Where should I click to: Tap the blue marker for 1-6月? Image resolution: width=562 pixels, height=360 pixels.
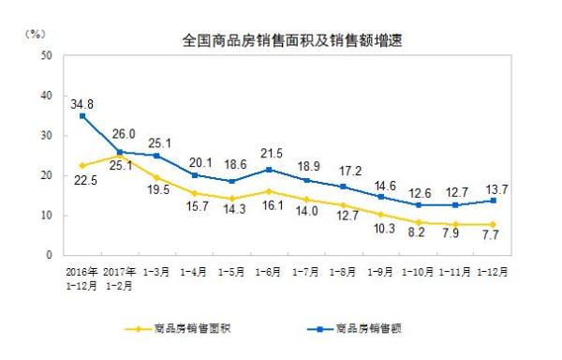tap(269, 170)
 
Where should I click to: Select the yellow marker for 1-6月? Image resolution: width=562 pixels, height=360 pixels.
tap(269, 191)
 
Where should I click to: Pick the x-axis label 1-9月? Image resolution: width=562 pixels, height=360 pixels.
tap(381, 274)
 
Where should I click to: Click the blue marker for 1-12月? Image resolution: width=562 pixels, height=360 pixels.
tap(494, 201)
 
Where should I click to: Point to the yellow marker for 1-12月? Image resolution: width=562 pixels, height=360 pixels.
tap(494, 224)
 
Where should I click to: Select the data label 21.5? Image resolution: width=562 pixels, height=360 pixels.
tap(270, 152)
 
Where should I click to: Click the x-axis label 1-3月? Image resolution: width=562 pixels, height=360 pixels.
tap(156, 274)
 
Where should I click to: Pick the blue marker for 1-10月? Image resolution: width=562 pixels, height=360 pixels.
tap(419, 204)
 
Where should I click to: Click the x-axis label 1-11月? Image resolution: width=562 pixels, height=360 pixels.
tap(456, 274)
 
